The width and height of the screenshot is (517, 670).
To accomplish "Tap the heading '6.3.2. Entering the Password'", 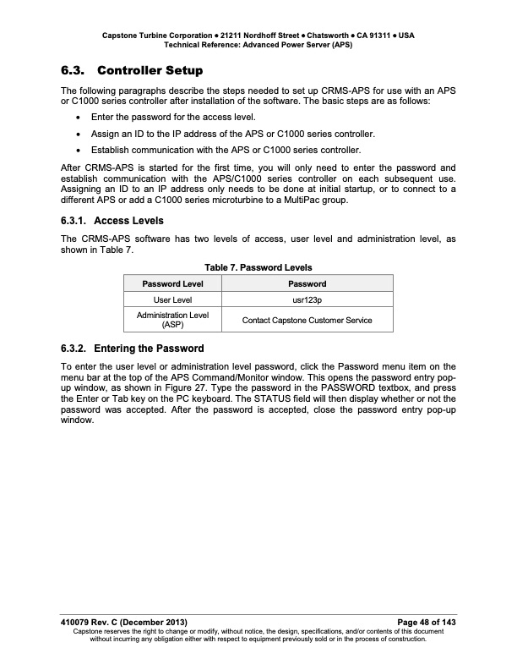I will (132, 348).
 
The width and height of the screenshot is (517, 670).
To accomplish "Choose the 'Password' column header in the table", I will (307, 283).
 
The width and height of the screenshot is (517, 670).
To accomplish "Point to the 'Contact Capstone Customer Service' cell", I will (307, 320).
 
